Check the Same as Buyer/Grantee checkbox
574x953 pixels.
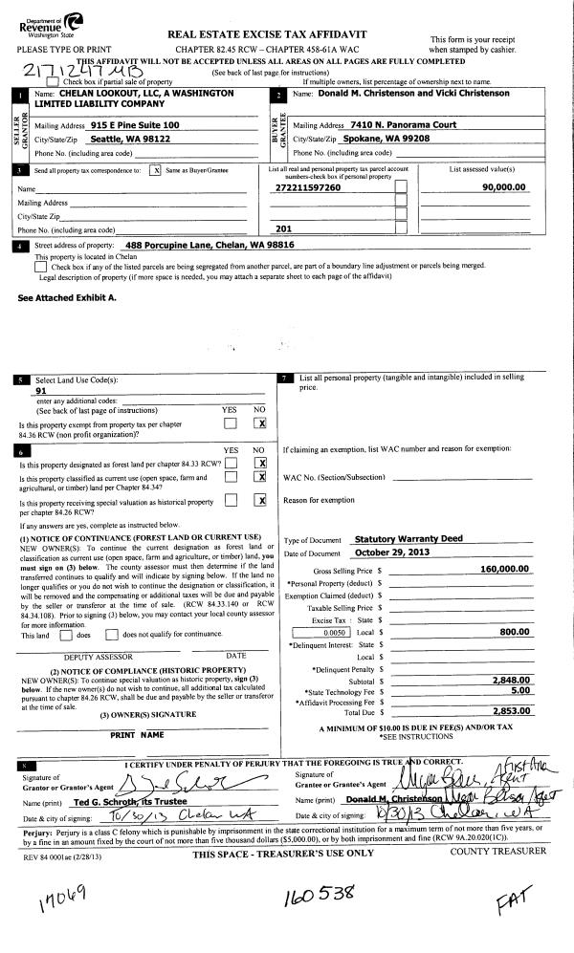(156, 170)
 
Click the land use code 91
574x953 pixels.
(40, 390)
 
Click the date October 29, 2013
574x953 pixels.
(393, 552)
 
